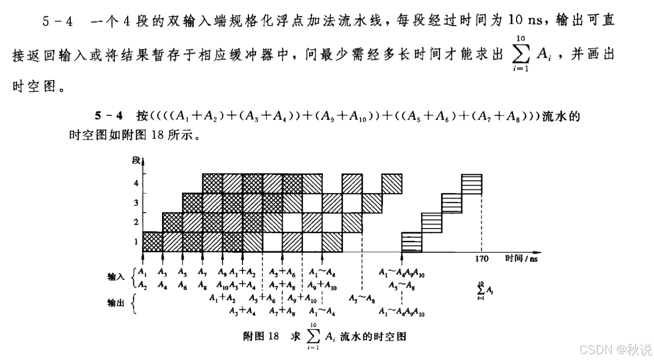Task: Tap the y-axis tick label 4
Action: [x=136, y=183]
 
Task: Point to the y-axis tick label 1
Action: [x=136, y=241]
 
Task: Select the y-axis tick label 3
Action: [x=136, y=203]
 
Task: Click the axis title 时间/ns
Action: [x=521, y=259]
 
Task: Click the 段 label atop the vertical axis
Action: [x=136, y=159]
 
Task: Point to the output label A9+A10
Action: [x=302, y=298]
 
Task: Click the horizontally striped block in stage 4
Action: [x=472, y=183]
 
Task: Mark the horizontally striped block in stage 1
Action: [x=412, y=242]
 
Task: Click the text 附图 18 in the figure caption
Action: [x=261, y=336]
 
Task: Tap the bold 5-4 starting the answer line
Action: [x=109, y=115]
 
